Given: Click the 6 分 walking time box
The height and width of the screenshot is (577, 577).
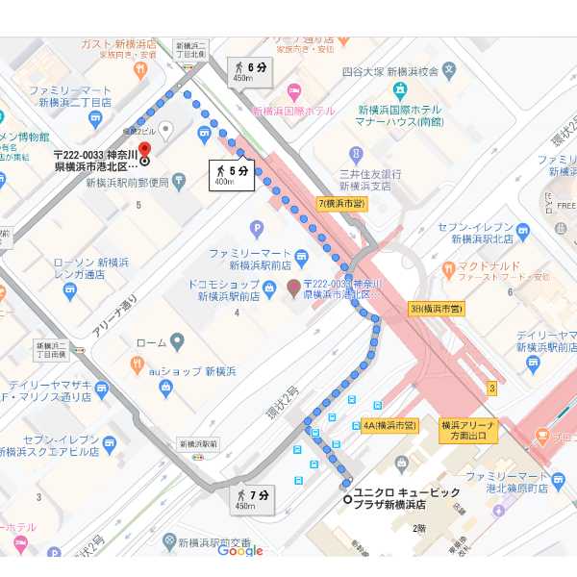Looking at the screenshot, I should coord(248,70).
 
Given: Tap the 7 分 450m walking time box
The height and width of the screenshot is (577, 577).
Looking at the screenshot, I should coord(251,498).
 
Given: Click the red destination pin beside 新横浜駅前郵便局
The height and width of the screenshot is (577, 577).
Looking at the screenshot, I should coord(145,150).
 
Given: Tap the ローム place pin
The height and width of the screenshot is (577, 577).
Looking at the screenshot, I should coord(176,342).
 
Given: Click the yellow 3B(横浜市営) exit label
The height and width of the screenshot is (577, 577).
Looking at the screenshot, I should coord(437,309).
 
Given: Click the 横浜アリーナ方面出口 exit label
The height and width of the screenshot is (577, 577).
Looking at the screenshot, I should coord(468,430).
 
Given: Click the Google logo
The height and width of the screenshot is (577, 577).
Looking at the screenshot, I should coord(240,550).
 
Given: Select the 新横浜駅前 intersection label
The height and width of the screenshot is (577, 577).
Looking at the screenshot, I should coord(198,443).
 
